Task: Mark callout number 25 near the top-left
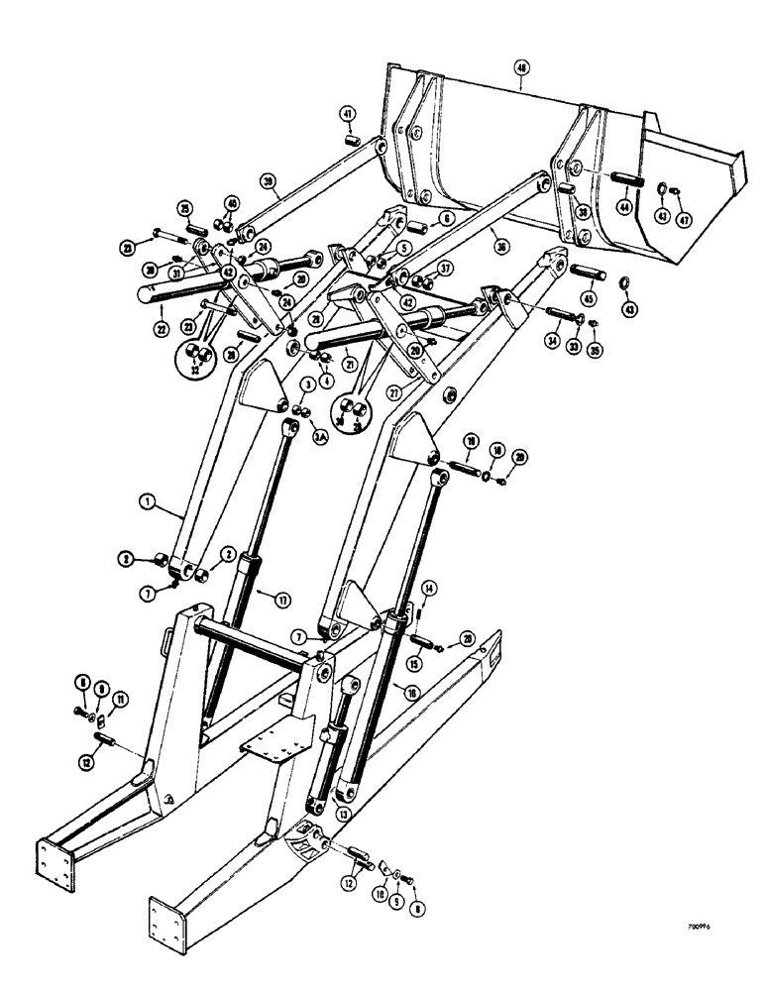pos(185,208)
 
